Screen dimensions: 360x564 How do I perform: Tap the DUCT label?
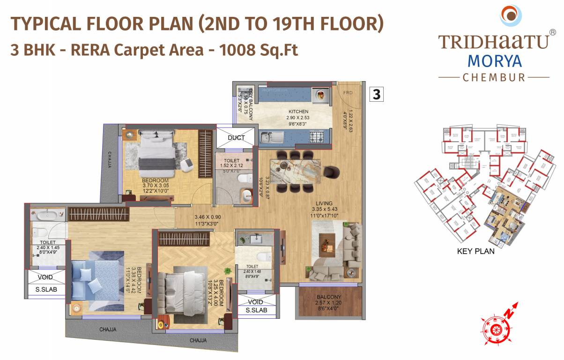(x=236, y=138)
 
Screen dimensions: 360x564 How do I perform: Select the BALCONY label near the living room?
(x=328, y=297)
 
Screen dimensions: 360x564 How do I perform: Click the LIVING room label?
(x=324, y=202)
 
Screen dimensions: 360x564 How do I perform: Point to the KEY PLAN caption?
(x=475, y=251)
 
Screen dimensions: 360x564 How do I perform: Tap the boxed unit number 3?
(x=377, y=94)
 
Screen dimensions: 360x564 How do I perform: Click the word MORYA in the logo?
(x=494, y=61)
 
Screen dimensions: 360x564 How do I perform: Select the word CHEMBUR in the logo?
(x=494, y=77)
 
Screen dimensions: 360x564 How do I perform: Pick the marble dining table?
(x=296, y=171)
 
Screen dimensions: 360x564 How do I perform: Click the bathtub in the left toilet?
(x=47, y=216)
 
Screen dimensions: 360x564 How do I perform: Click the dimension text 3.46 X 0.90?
(x=208, y=217)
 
